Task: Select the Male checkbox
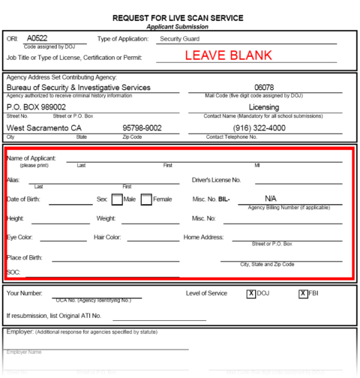pyautogui.click(x=118, y=200)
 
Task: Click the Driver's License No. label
pyautogui.click(x=217, y=181)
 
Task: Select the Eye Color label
pyautogui.click(x=21, y=238)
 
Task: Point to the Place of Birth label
pyautogui.click(x=26, y=257)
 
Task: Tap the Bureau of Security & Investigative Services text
pyautogui.click(x=79, y=88)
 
